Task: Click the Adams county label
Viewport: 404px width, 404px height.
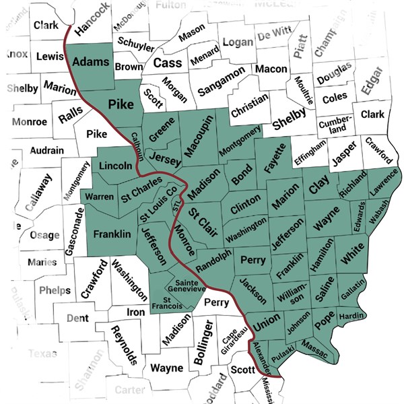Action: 90,61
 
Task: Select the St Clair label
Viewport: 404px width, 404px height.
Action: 200,221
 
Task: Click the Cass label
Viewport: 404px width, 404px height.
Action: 167,63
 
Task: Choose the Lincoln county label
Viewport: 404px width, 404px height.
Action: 116,166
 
